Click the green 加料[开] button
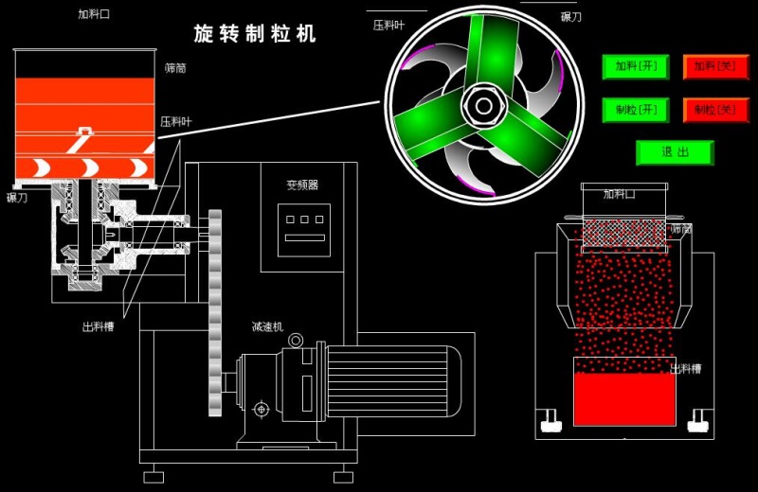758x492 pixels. tap(636, 66)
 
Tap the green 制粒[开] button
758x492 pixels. tap(636, 110)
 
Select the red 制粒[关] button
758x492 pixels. tap(715, 110)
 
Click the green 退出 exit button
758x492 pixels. tap(675, 152)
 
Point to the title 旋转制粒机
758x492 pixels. tap(255, 34)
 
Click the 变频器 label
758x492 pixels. tap(303, 184)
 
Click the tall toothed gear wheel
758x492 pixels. tap(214, 312)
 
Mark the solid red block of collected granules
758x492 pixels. tap(612, 398)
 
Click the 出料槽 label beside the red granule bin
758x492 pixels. tap(686, 368)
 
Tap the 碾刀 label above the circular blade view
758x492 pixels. tap(570, 16)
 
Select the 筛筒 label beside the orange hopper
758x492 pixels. tap(175, 68)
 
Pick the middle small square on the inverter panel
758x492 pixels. tap(305, 219)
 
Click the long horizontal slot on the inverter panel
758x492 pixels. tap(305, 237)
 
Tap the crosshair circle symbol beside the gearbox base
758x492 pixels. tap(261, 409)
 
